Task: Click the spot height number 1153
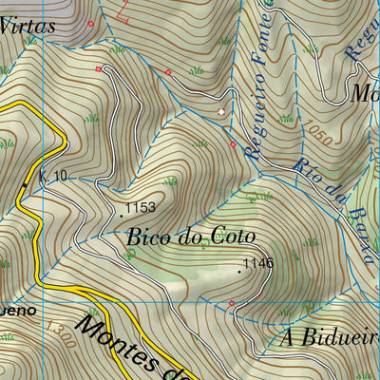click(x=141, y=206)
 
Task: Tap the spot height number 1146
click(x=258, y=263)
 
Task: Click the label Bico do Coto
click(x=190, y=237)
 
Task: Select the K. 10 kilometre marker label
click(x=54, y=177)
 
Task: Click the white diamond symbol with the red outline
click(x=221, y=112)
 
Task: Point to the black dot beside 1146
click(x=239, y=271)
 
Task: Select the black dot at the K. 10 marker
click(x=26, y=183)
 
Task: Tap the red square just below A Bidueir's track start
click(x=231, y=303)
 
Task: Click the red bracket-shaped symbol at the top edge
click(x=121, y=11)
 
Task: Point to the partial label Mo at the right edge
click(x=365, y=94)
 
